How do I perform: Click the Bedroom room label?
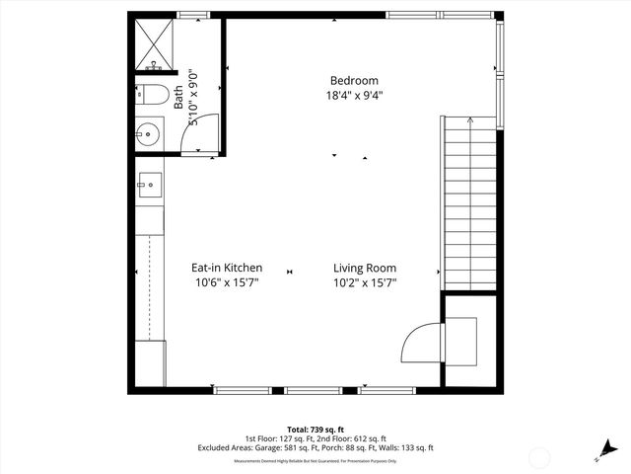coord(354,81)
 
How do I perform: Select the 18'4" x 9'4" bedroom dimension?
coord(354,96)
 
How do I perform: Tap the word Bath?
coord(178,96)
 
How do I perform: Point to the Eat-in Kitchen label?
coord(227,268)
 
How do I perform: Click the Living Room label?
coord(364,268)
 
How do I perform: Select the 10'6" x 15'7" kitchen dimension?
coord(227,282)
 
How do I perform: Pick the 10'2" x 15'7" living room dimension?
coord(364,282)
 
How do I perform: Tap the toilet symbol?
coord(149,96)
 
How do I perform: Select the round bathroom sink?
coord(150,133)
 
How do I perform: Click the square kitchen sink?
coord(150,183)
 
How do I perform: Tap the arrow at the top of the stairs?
coord(470,120)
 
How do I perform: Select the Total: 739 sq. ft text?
coord(315,431)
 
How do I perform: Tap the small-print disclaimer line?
coord(315,461)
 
